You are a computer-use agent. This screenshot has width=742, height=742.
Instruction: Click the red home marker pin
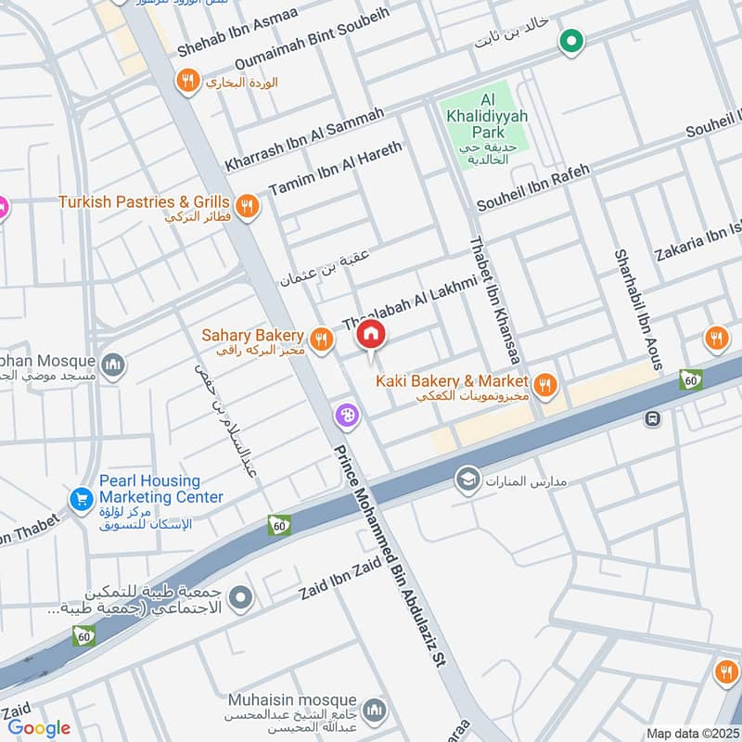pyautogui.click(x=371, y=333)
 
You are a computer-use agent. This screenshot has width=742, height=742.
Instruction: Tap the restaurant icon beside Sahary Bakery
pyautogui.click(x=322, y=340)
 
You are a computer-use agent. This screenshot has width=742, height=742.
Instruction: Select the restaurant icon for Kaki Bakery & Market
pyautogui.click(x=545, y=383)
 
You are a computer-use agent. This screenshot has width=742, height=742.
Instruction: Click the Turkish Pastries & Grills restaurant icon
pyautogui.click(x=246, y=206)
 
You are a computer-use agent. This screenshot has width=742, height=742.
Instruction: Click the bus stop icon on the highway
pyautogui.click(x=653, y=418)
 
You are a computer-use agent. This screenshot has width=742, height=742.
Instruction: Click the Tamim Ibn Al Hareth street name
pyautogui.click(x=336, y=167)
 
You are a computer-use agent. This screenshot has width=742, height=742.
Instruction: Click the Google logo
pyautogui.click(x=39, y=728)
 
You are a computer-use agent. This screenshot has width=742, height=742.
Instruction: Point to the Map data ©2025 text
pyautogui.click(x=692, y=733)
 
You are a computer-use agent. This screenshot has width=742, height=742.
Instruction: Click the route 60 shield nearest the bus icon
pyautogui.click(x=690, y=379)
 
